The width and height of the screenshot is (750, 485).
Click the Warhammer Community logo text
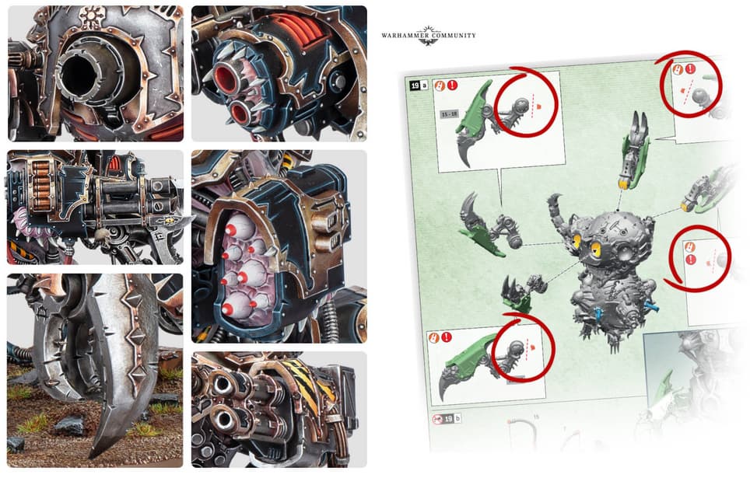[x=429, y=35]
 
